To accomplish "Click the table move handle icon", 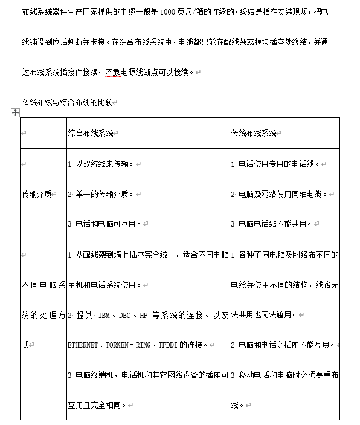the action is point(16,113).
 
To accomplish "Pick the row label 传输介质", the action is point(36,194).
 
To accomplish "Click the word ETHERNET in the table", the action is point(83,345).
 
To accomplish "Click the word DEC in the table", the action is point(124,315).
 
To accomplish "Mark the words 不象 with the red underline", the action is point(113,73).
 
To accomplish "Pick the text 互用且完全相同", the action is point(96,405).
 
